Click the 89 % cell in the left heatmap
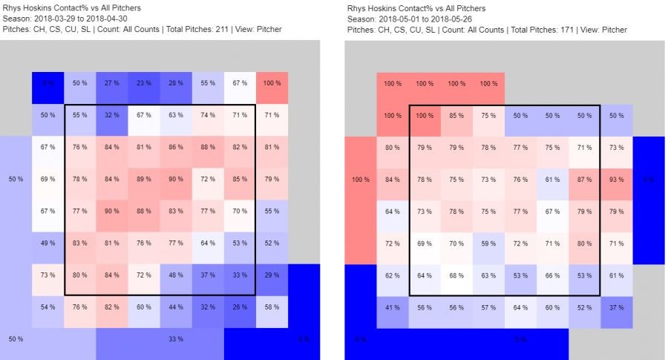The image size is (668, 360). [x=143, y=179]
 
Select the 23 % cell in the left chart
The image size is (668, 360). [x=143, y=83]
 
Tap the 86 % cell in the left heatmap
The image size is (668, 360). [x=175, y=147]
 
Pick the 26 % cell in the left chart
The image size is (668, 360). [x=239, y=307]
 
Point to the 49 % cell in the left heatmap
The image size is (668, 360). [x=48, y=243]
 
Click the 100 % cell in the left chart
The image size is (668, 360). [x=272, y=83]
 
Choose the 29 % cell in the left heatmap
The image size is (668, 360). [x=272, y=275]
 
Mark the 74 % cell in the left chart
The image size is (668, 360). [x=207, y=115]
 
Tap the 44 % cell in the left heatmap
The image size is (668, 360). [x=175, y=307]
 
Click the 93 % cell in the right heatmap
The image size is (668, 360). [x=616, y=179]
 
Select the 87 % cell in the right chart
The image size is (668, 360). [x=584, y=179]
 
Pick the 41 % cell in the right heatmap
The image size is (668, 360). [x=392, y=307]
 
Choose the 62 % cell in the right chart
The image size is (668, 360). [x=392, y=275]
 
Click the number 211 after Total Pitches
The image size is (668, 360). [x=214, y=30]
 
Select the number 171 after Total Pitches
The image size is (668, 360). [x=559, y=30]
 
